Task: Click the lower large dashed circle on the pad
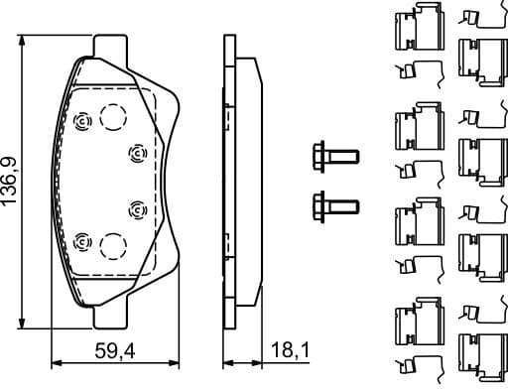(x=114, y=244)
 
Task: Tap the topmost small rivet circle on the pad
(x=83, y=120)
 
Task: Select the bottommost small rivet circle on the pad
(x=83, y=238)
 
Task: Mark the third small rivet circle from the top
(x=137, y=208)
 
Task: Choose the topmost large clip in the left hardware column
(x=415, y=29)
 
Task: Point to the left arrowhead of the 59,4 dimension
(x=53, y=359)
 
